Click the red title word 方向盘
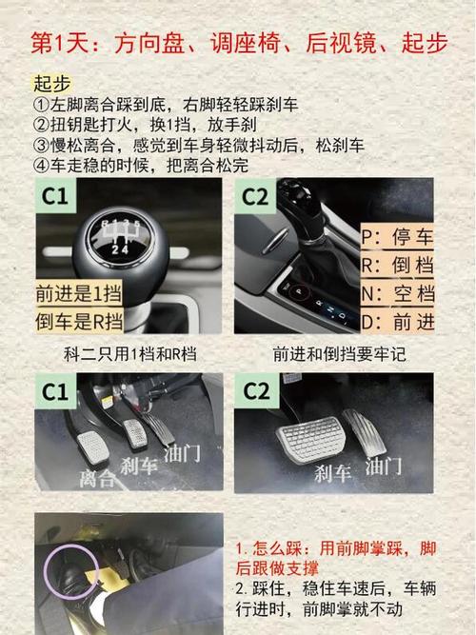tap(149, 44)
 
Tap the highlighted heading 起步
tap(51, 84)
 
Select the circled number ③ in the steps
tap(41, 146)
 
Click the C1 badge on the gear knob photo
tap(54, 196)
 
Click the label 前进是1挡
tap(79, 293)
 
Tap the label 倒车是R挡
tap(79, 322)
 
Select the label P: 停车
tap(397, 236)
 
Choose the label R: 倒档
tap(397, 265)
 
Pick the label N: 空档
tap(397, 293)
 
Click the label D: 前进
tap(397, 322)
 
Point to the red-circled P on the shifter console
tap(299, 290)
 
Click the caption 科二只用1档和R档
tap(130, 354)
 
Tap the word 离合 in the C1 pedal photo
tap(97, 478)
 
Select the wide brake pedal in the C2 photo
tap(311, 439)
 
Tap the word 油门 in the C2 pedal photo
tap(383, 466)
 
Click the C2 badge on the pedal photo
tap(256, 391)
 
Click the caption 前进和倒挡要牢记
tap(340, 354)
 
